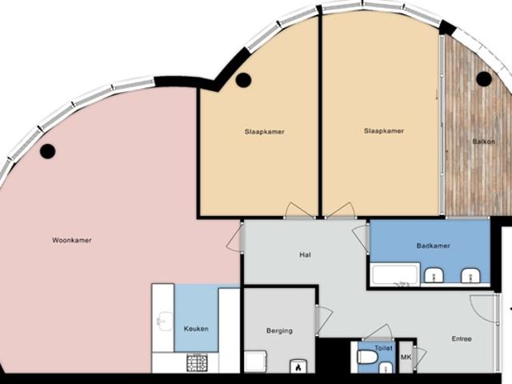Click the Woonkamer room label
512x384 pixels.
(x=72, y=240)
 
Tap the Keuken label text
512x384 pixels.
(x=196, y=329)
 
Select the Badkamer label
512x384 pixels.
(x=434, y=246)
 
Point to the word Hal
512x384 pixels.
(x=305, y=254)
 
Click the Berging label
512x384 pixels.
(x=279, y=330)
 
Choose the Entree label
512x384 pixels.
(x=462, y=339)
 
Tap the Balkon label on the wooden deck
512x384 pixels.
(x=483, y=142)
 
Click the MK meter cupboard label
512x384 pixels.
(x=406, y=358)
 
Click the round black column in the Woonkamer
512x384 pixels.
(x=48, y=151)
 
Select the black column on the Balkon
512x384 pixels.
(x=484, y=78)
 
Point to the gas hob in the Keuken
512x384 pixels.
(x=197, y=362)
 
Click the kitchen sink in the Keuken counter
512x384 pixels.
(x=165, y=322)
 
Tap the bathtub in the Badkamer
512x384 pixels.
(x=395, y=274)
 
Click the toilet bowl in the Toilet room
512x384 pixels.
(x=368, y=357)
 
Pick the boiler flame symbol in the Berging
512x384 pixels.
(x=298, y=366)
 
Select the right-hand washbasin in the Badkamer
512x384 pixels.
(x=470, y=276)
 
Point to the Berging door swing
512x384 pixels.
(x=324, y=320)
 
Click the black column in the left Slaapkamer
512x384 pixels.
(x=243, y=80)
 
